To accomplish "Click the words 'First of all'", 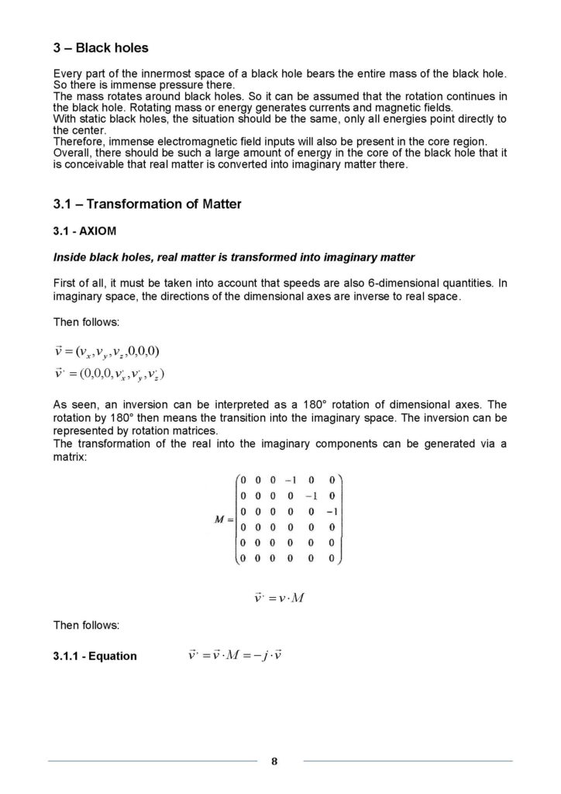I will pos(78,284).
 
